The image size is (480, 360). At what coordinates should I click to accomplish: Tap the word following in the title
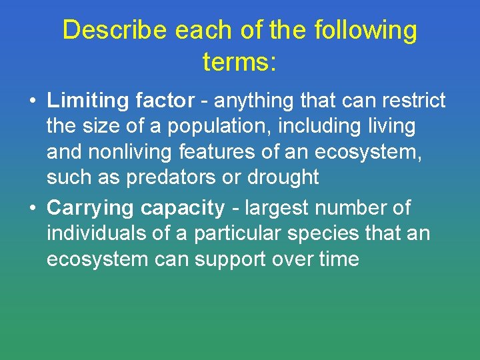(366, 31)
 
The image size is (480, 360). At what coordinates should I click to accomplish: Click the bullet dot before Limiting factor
(32, 101)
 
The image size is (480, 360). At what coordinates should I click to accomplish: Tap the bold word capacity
(183, 209)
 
